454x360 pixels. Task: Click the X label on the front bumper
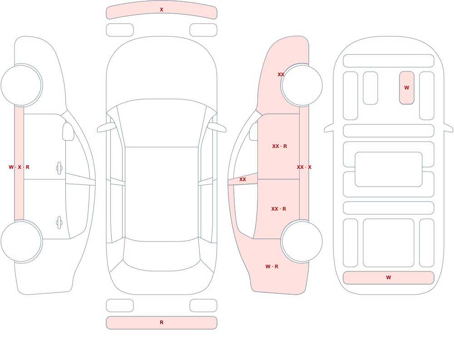[x=162, y=10]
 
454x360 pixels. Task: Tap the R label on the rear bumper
[x=162, y=322]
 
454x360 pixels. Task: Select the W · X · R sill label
[x=19, y=167]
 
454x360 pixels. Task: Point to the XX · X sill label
[x=304, y=167]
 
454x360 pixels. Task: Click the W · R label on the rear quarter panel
[x=272, y=266]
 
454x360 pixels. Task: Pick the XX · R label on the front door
[x=280, y=146]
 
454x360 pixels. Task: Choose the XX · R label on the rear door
[x=279, y=209]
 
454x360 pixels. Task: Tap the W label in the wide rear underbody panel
[x=389, y=277]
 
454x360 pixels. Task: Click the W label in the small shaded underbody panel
[x=407, y=88]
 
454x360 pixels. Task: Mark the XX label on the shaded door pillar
[x=242, y=180]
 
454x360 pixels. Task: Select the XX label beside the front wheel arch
[x=281, y=74]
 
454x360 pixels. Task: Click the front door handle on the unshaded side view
[x=59, y=168]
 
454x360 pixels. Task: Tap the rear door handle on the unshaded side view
[x=59, y=223]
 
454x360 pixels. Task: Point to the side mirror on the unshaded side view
[x=69, y=132]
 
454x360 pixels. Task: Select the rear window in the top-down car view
[x=162, y=255]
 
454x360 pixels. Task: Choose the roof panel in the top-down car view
[x=162, y=194]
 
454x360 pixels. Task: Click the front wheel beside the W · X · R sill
[x=21, y=85]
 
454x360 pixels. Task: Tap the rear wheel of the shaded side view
[x=302, y=242]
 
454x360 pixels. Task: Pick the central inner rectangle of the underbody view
[x=389, y=169]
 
